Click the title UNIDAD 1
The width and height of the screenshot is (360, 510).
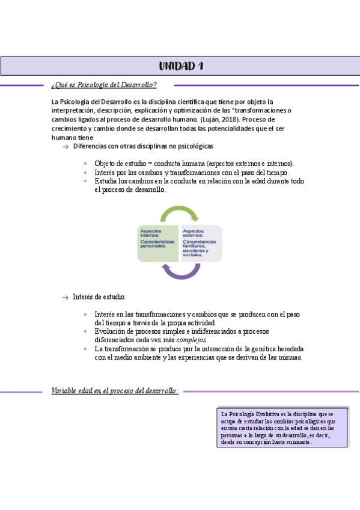[x=180, y=66]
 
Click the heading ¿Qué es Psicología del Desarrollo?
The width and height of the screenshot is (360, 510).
[x=105, y=85]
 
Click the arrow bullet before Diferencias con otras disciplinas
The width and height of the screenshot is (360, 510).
[x=65, y=147]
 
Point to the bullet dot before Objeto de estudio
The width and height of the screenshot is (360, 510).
[x=87, y=164]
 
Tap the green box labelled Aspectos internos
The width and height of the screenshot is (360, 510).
[x=158, y=243]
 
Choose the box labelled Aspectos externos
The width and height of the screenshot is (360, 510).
[x=201, y=243]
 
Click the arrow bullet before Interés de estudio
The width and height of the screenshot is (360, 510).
[x=65, y=297]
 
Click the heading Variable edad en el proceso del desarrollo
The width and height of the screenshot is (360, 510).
[x=115, y=391]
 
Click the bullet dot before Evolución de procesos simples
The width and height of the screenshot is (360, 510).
[x=87, y=331]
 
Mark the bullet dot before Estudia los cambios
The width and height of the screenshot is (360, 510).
[x=87, y=180]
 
